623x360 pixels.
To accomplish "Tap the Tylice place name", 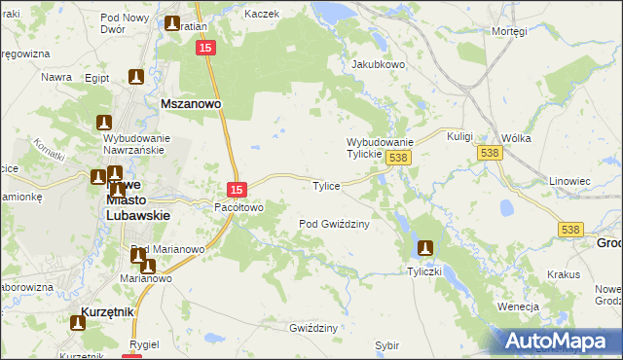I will click(x=324, y=186).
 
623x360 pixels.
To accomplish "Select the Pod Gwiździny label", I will click(x=334, y=224).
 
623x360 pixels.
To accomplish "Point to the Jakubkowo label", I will click(x=378, y=65).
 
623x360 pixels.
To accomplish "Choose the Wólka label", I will click(x=516, y=138).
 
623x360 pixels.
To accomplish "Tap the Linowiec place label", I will click(x=570, y=181).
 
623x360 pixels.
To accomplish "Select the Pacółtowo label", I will click(x=239, y=207).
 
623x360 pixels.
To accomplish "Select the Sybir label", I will click(x=387, y=345).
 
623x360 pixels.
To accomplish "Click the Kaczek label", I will click(x=262, y=15).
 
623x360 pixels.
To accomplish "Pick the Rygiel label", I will click(x=144, y=345).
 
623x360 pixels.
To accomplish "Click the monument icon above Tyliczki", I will click(x=424, y=249).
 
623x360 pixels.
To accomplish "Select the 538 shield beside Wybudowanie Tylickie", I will click(x=396, y=157).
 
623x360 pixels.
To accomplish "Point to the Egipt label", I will click(x=96, y=77).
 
